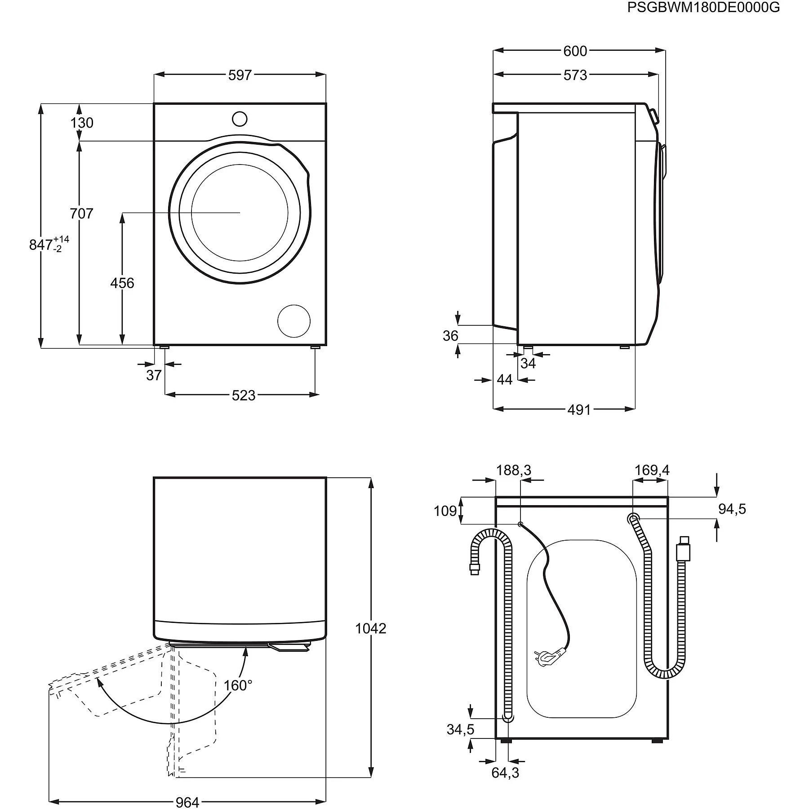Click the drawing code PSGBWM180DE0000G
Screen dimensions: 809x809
point(703,8)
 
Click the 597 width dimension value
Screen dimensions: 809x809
point(240,75)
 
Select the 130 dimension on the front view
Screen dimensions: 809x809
point(82,123)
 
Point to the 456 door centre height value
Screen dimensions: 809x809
point(122,283)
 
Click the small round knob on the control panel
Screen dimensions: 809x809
point(240,119)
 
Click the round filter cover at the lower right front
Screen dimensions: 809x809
point(294,321)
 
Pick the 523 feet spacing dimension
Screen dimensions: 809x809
point(243,395)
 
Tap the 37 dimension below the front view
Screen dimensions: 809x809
point(154,375)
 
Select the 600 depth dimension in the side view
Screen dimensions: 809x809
point(575,51)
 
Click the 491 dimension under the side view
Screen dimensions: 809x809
point(579,409)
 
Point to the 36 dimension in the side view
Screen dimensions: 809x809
point(450,336)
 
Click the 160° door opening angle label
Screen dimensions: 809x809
point(238,685)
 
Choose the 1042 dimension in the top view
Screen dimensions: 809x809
point(371,628)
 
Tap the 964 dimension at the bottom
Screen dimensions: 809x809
point(187,802)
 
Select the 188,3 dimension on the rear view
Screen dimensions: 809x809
point(513,470)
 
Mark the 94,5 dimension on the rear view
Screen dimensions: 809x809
point(732,509)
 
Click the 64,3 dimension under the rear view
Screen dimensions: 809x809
point(505,773)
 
